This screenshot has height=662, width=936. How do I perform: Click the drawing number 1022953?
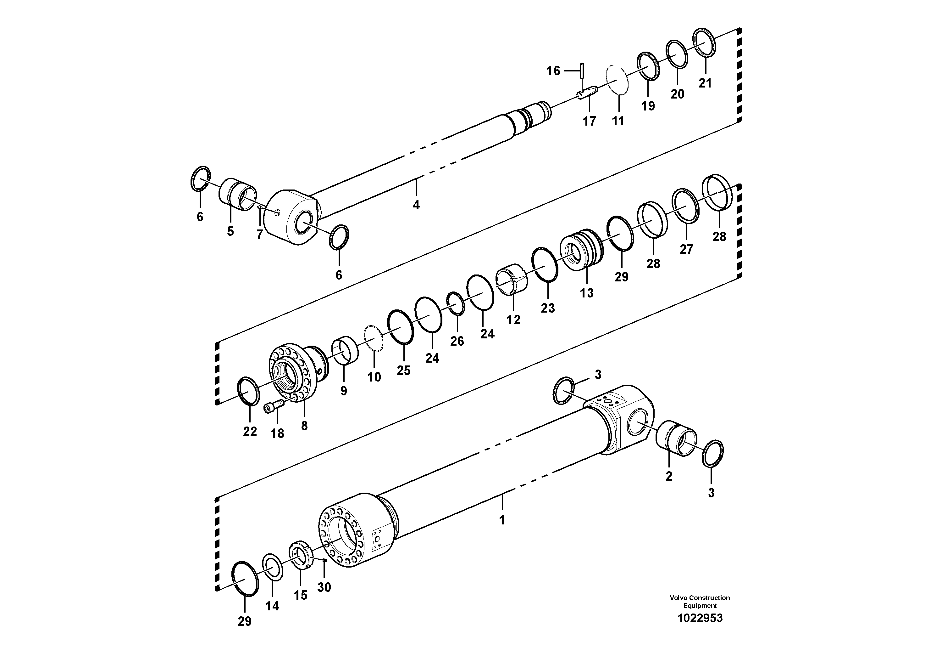pos(700,618)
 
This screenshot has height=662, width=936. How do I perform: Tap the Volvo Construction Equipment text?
pos(700,602)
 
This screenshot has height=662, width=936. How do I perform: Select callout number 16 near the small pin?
pos(553,71)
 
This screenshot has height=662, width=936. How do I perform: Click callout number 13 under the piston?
pos(587,293)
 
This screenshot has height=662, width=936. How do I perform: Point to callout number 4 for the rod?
pos(416,205)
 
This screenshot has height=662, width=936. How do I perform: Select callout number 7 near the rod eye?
pos(259,234)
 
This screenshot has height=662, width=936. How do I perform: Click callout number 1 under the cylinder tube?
pos(502,520)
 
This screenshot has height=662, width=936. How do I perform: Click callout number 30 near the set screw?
pos(324,587)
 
